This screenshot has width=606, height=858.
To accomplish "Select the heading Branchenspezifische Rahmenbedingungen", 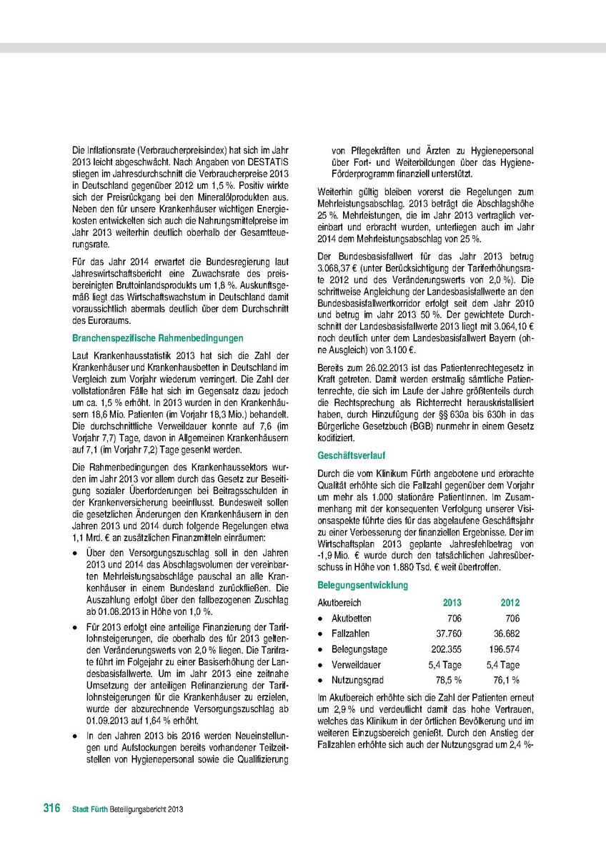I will (158, 337).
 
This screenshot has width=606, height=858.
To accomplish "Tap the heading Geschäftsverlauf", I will (350, 455).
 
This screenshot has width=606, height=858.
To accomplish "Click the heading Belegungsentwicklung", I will (362, 585).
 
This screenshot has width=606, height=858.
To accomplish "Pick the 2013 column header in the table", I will (452, 603).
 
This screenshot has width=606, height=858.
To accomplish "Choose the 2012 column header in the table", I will (510, 603).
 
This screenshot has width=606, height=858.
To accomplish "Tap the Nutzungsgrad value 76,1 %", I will (505, 680).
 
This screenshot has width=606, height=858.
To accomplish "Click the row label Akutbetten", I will (351, 618).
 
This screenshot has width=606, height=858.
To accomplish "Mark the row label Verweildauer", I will (356, 665).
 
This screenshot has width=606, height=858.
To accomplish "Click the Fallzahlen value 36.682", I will (505, 633).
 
